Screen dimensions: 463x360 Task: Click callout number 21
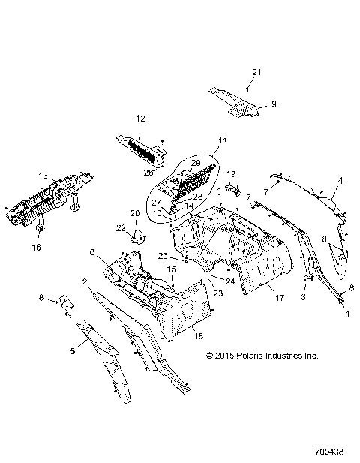pyautogui.click(x=256, y=71)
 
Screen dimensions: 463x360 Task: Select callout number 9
pyautogui.click(x=274, y=104)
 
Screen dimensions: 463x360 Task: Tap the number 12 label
pyautogui.click(x=139, y=119)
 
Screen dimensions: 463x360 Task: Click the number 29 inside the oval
pyautogui.click(x=194, y=162)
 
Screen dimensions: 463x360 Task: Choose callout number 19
pyautogui.click(x=232, y=173)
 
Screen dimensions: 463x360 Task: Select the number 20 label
pyautogui.click(x=136, y=214)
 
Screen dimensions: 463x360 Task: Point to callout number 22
pyautogui.click(x=121, y=228)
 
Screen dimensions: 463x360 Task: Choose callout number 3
pyautogui.click(x=302, y=298)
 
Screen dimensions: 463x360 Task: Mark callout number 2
pyautogui.click(x=85, y=281)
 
